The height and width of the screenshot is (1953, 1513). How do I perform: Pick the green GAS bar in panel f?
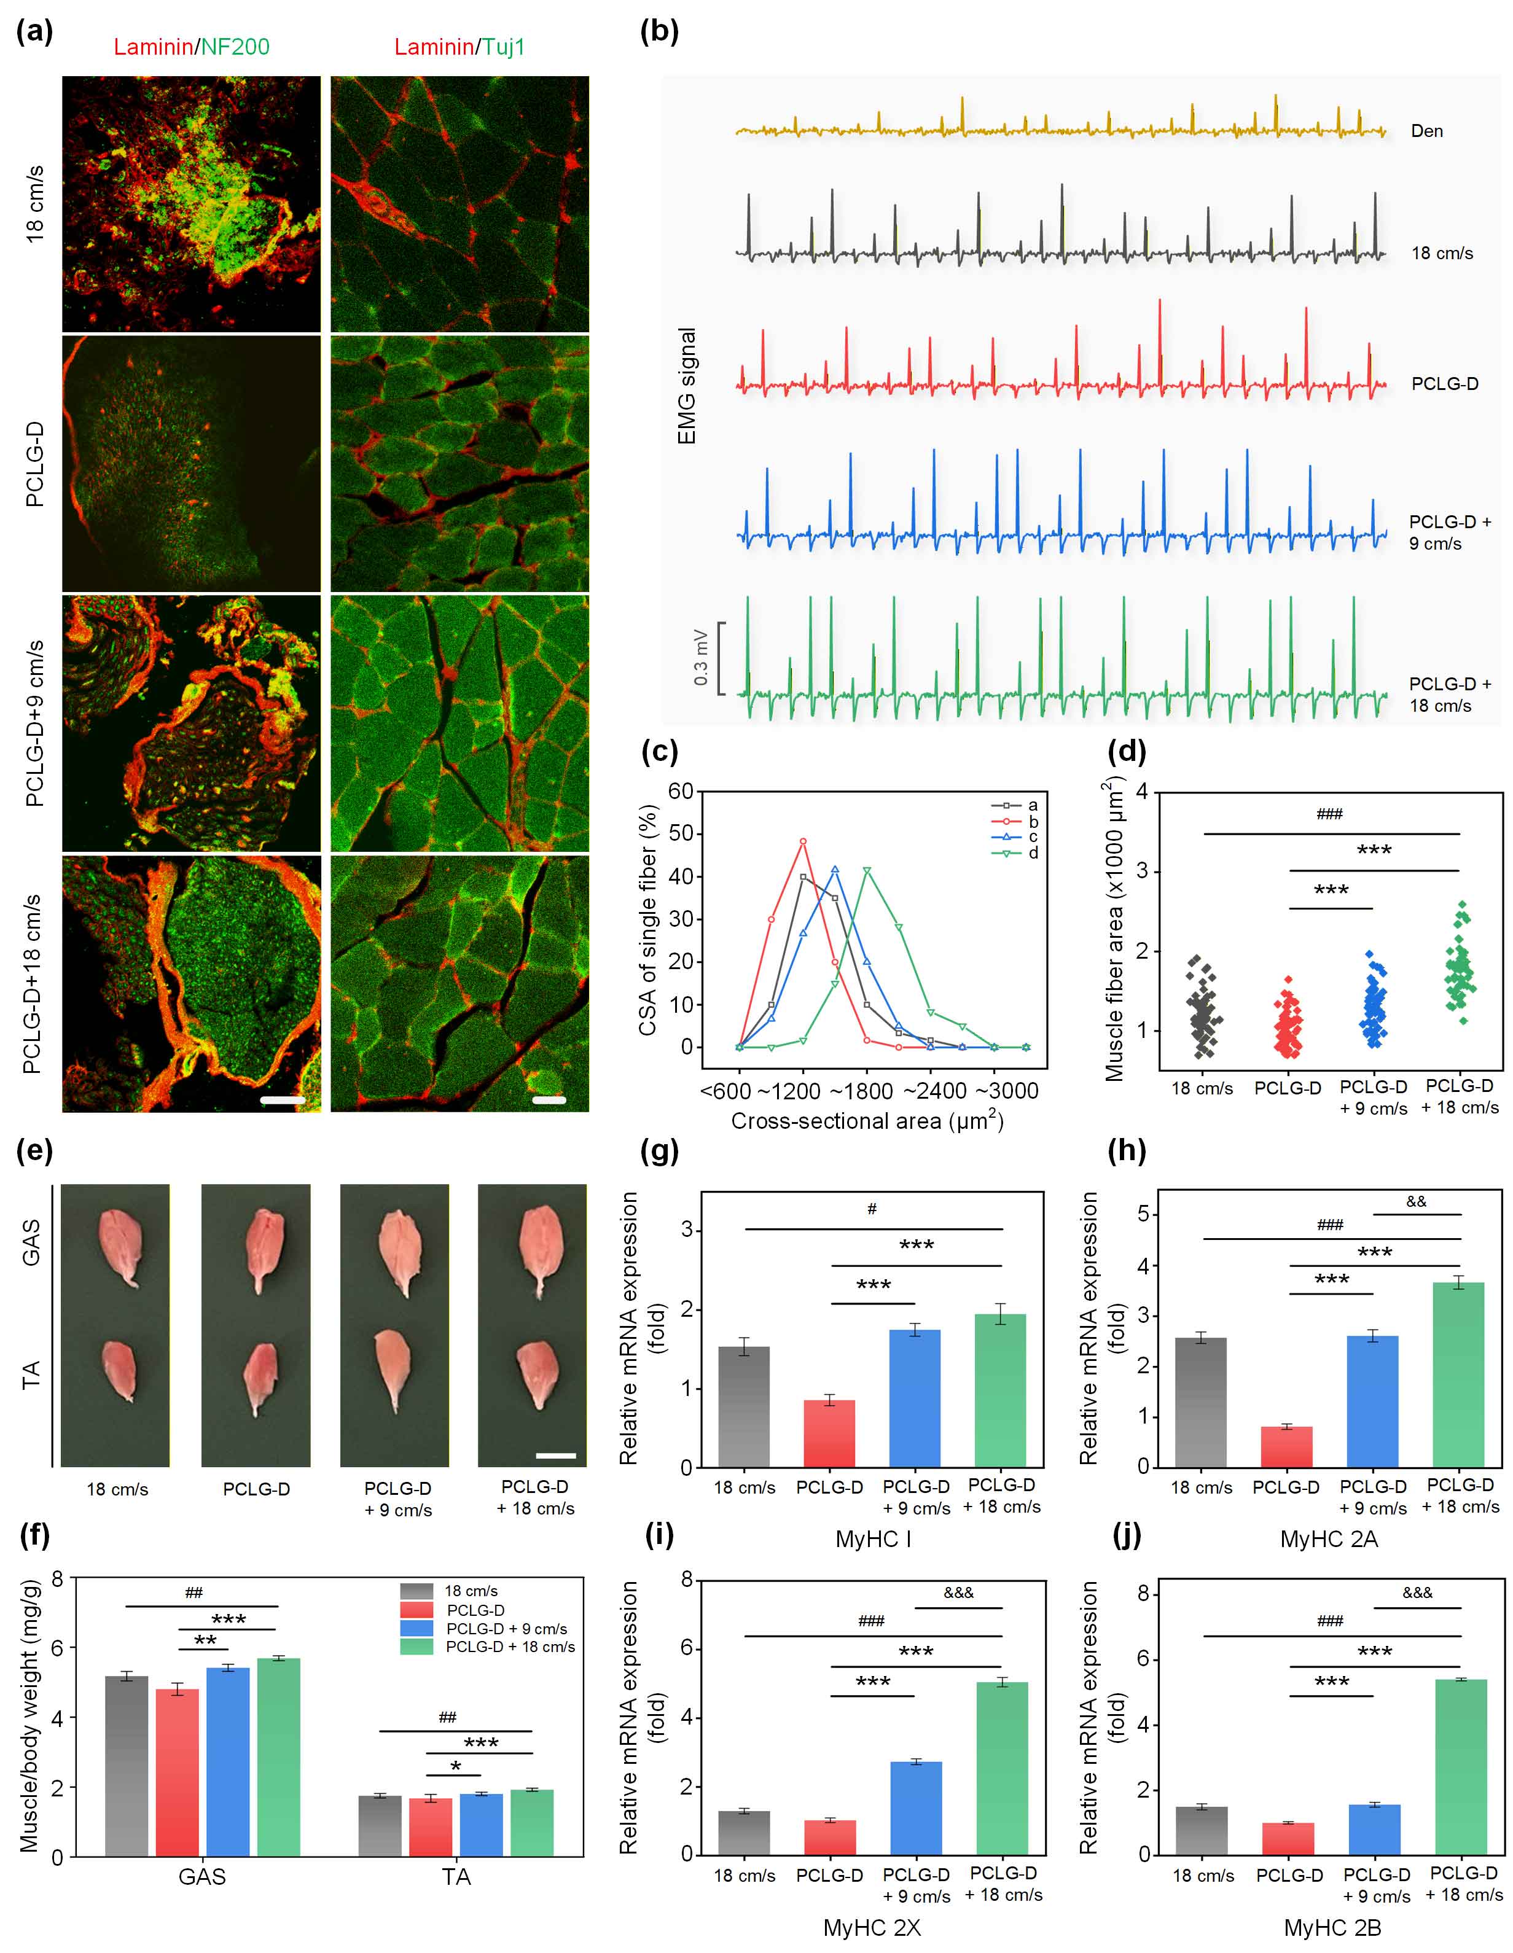[x=278, y=1756]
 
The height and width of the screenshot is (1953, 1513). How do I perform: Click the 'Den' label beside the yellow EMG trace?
[x=1426, y=131]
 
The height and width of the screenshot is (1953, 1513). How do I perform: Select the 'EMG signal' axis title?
[x=687, y=386]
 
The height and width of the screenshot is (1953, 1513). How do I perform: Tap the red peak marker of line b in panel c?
[x=803, y=841]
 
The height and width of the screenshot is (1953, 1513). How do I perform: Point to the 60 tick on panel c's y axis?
[x=681, y=792]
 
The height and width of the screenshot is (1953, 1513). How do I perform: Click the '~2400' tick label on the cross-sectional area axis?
[x=934, y=1091]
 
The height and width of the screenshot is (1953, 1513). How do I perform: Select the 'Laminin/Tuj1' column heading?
[x=459, y=47]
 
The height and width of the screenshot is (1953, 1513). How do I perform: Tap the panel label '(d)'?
[x=1126, y=750]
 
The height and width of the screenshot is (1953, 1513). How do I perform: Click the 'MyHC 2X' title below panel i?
[x=872, y=1927]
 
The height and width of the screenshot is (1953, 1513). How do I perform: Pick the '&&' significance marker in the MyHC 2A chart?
[x=1415, y=1201]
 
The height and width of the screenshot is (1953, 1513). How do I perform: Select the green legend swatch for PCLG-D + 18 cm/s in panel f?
[x=416, y=1647]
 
